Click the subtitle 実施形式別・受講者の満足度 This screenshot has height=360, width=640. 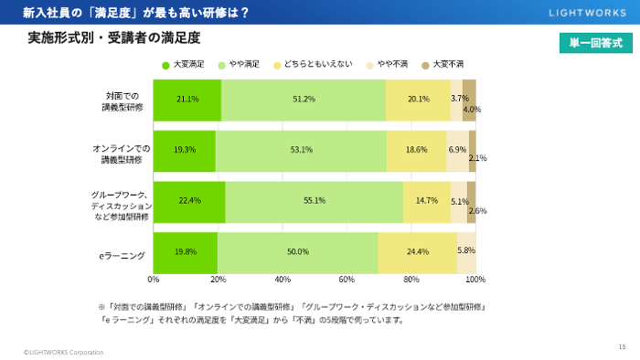tap(114, 37)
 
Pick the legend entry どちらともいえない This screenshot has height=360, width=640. tap(306, 65)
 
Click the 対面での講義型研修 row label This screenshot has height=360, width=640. tap(123, 101)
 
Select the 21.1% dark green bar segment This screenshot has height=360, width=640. tap(187, 99)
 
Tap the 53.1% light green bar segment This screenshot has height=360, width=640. tap(301, 150)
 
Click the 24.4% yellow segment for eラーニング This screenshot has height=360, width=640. tap(417, 251)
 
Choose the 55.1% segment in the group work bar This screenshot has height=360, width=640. tap(315, 201)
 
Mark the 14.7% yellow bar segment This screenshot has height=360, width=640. tap(427, 201)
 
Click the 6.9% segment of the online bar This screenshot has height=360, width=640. tap(457, 150)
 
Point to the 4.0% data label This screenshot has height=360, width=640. tap(472, 110)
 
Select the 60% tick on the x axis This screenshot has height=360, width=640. tap(347, 279)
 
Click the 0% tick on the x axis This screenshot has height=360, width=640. tap(154, 279)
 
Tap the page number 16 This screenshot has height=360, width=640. tap(623, 345)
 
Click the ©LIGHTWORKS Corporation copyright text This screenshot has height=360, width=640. tap(64, 352)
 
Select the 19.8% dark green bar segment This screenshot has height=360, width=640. tap(186, 251)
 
